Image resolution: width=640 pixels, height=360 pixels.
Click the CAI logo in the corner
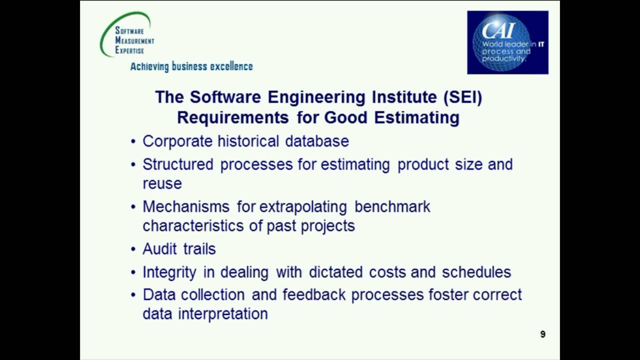[x=507, y=42]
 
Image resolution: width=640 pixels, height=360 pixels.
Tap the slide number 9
[x=542, y=334]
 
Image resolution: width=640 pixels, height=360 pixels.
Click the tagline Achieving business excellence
[x=191, y=66]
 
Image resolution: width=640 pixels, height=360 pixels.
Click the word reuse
[x=162, y=183]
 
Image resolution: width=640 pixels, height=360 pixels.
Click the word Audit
[x=159, y=249]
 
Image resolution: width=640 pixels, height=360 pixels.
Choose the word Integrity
[x=169, y=272]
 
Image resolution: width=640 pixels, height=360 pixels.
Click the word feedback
[x=314, y=294]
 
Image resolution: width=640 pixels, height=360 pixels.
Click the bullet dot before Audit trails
[x=133, y=249]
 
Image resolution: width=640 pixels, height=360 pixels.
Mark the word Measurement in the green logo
[x=134, y=40]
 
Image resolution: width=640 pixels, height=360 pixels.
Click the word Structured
[x=177, y=164]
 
